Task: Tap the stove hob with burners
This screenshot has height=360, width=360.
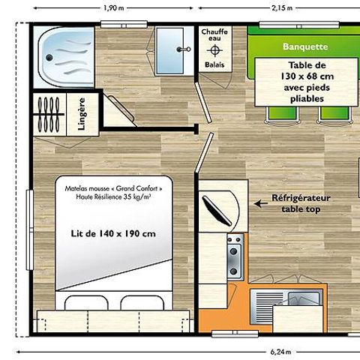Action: (x=234, y=255)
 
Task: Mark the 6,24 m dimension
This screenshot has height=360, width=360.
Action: (x=277, y=351)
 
